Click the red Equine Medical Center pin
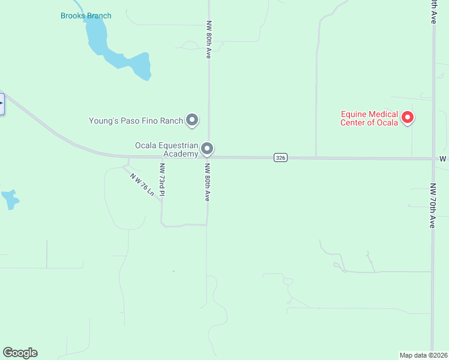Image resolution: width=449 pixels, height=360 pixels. [x=408, y=117]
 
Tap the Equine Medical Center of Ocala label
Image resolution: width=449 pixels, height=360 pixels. [x=369, y=119]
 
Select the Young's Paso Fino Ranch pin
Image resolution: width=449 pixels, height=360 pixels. [x=192, y=120]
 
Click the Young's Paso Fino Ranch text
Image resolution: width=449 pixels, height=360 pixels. [x=136, y=121]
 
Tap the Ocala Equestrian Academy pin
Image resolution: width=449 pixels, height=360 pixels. [x=207, y=148]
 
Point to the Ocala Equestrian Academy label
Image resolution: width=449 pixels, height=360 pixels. [x=166, y=149]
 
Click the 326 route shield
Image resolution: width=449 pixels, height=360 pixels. [x=280, y=158]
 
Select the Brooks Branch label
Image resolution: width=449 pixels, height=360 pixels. [x=86, y=16]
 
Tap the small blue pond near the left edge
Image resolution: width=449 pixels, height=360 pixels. [x=10, y=199]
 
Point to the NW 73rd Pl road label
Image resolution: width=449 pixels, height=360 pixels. [x=162, y=179]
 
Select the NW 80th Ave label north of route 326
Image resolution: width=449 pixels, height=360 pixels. [x=209, y=40]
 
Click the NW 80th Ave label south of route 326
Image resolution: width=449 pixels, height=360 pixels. [x=206, y=182]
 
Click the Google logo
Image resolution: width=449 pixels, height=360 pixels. [x=20, y=353]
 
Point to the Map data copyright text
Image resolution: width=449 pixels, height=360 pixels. [x=424, y=355]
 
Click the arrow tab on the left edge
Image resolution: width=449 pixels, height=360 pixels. [x=2, y=103]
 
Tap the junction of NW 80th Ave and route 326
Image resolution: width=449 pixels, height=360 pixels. [x=208, y=158]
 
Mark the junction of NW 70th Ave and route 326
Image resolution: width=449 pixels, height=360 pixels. [x=433, y=159]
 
